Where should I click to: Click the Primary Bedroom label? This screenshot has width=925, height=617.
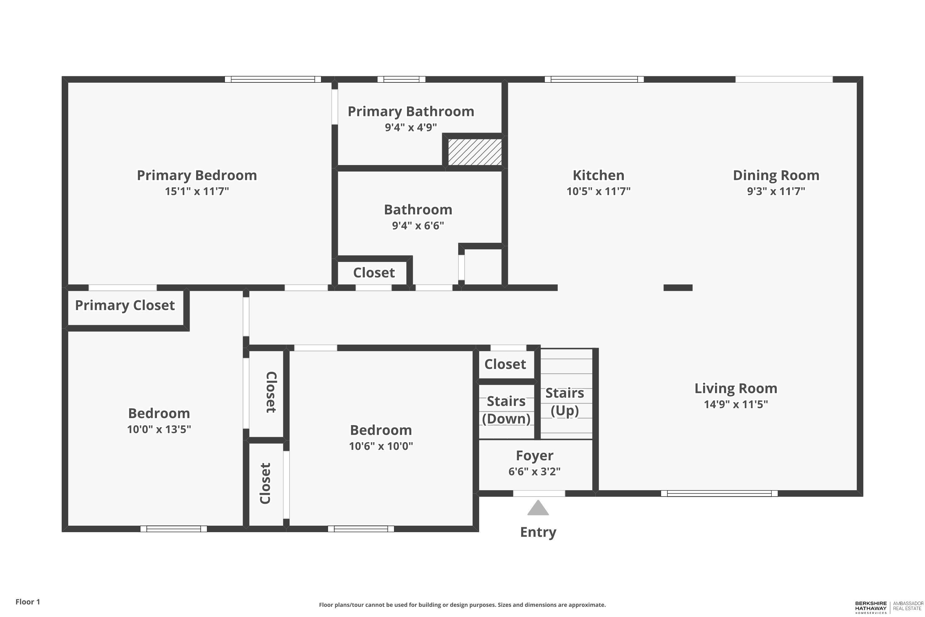click(x=197, y=175)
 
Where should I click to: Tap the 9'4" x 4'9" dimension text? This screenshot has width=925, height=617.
click(x=411, y=127)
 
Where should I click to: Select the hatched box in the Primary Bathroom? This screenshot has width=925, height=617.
click(x=475, y=152)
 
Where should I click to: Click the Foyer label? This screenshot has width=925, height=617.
click(x=534, y=455)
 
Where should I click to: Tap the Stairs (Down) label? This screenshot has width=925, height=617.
click(x=506, y=410)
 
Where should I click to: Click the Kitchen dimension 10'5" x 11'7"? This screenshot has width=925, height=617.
click(x=598, y=191)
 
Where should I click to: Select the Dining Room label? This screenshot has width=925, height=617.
click(x=776, y=175)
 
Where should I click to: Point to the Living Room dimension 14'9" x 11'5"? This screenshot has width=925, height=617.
click(x=736, y=404)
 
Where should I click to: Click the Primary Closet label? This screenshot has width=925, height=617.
click(x=125, y=305)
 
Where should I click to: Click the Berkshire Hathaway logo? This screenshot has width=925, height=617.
click(x=888, y=607)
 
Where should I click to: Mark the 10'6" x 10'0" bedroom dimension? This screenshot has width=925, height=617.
click(x=381, y=446)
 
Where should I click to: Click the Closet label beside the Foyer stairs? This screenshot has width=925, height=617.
click(x=505, y=364)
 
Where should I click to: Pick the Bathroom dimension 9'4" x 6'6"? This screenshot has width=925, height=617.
click(x=418, y=226)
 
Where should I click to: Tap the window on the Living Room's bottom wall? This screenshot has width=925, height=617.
click(x=719, y=493)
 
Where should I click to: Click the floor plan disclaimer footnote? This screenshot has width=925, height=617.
click(x=462, y=605)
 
